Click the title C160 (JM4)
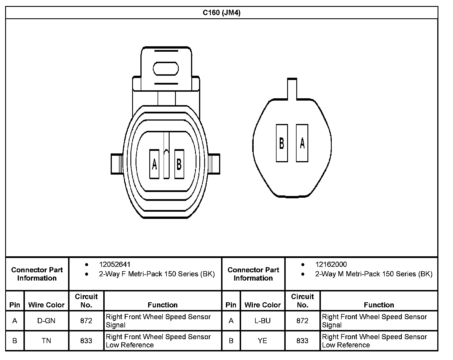tap(222, 13)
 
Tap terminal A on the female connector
tap(154, 164)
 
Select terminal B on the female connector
tap(179, 164)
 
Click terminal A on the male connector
tap(302, 143)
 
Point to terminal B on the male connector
tap(282, 143)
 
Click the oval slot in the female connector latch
tap(166, 69)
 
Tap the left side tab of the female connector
tap(117, 164)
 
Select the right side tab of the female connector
tap(214, 164)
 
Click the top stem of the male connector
tap(292, 89)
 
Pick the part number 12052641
tap(115, 265)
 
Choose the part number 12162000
tap(331, 265)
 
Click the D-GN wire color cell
tap(46, 321)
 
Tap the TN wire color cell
tap(46, 341)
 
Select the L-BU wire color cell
tap(263, 321)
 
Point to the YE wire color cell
tap(263, 341)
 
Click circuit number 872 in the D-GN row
tap(86, 321)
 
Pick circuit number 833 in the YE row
tap(302, 341)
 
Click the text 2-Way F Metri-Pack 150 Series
tap(157, 274)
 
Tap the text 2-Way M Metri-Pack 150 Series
tap(373, 274)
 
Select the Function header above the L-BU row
tap(379, 305)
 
